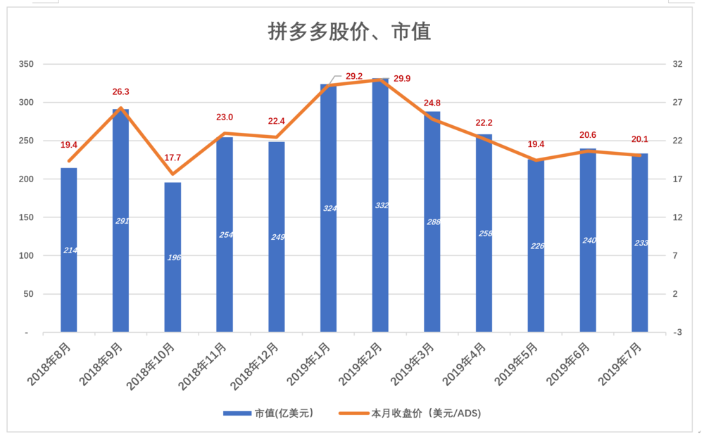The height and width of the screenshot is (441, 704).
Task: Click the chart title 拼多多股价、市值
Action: coord(349,32)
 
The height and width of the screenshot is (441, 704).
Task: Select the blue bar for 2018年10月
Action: coord(172,257)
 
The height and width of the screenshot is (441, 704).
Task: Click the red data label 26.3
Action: coord(121,91)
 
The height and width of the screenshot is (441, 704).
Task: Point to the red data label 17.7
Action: coord(172,158)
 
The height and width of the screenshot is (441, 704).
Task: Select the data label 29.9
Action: coord(402,79)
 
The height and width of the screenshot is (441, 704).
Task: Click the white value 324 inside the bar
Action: coord(329,208)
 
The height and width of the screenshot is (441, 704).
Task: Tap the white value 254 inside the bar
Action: coord(225,235)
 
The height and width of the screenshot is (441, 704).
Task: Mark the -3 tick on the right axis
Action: coord(677,332)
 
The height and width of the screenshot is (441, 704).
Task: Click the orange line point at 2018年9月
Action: coord(121,108)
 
